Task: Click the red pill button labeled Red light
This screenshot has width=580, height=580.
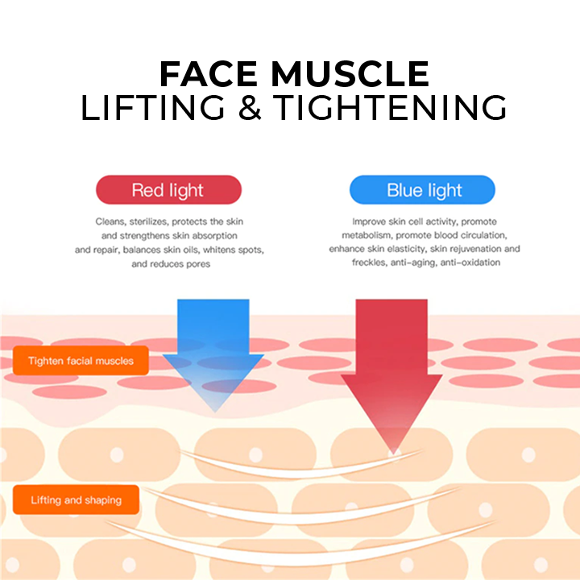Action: pos(168,190)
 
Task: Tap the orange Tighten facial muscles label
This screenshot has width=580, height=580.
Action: pos(81,361)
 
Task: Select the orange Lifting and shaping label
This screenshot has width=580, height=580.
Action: pos(76,500)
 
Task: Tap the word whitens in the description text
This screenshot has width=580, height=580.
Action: pos(217,250)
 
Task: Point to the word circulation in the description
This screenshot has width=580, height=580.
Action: pos(481,235)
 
